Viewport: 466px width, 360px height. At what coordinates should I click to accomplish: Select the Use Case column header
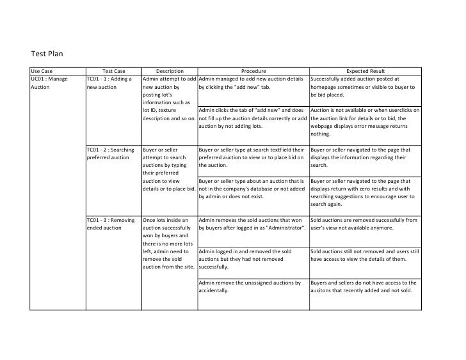pos(43,70)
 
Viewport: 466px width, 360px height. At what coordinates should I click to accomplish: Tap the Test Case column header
pos(113,70)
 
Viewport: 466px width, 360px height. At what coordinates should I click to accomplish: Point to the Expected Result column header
pos(365,70)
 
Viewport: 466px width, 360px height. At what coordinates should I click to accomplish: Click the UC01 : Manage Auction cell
pos(49,82)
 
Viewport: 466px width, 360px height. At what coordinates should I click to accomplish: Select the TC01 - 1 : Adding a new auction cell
pos(109,82)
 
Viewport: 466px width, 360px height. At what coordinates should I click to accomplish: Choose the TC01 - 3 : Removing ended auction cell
pos(110,224)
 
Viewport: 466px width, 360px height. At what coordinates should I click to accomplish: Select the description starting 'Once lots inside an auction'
pos(169,243)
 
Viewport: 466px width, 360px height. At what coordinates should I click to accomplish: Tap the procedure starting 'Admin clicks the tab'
pos(254,118)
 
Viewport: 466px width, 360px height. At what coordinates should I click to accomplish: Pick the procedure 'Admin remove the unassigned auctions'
pos(250,286)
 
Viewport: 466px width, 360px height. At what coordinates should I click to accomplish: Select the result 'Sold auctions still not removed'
pos(365,255)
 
